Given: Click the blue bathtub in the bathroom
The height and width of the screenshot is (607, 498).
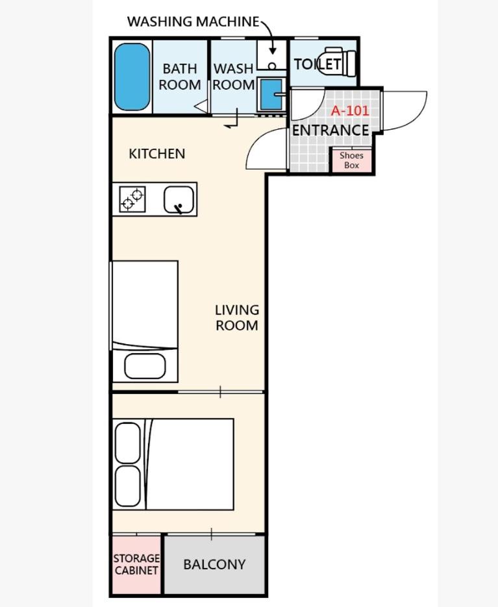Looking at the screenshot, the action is (132, 77).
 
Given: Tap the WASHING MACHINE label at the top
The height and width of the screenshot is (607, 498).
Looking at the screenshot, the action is (193, 21).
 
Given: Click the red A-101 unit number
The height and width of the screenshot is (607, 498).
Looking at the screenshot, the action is (350, 111).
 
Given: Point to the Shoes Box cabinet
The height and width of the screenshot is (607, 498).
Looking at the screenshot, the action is (351, 160).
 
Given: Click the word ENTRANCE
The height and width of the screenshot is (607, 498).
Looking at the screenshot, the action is (330, 130).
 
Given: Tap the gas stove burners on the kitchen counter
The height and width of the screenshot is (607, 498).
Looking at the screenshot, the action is (132, 199).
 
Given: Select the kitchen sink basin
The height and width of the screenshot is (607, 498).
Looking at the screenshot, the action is (179, 200).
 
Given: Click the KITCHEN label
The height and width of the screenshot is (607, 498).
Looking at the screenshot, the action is (157, 154).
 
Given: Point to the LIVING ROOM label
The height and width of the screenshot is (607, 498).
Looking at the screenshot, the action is (237, 318).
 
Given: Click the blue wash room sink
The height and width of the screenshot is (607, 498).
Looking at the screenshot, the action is (271, 94).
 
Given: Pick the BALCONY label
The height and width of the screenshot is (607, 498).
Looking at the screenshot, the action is (214, 564).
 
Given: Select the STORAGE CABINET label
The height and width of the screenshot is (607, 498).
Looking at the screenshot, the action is (136, 564).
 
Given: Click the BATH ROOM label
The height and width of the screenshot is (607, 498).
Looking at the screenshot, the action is (180, 77).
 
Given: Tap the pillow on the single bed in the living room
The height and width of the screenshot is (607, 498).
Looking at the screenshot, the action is (145, 366).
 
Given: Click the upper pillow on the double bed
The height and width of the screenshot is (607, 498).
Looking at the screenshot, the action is (128, 443).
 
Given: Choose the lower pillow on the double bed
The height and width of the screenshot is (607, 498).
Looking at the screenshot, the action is (128, 486).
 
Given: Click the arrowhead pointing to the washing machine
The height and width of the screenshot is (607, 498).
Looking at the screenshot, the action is (273, 51).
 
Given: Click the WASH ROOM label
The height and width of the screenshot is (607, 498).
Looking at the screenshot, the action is (234, 77).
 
